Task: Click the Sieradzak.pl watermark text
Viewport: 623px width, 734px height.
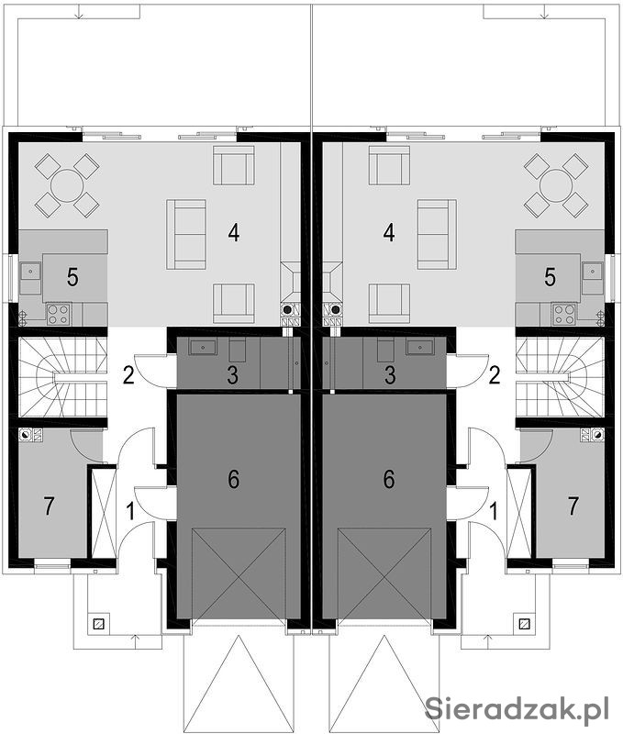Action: (x=517, y=709)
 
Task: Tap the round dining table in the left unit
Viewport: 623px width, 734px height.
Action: (x=67, y=185)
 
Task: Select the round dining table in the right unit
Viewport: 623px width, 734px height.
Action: (x=556, y=185)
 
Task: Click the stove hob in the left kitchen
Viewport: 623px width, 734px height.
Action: (x=58, y=314)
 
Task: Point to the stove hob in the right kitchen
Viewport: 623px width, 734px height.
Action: (x=563, y=314)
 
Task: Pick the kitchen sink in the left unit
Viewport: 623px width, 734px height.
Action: (x=30, y=271)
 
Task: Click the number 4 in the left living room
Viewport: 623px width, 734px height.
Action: (x=234, y=232)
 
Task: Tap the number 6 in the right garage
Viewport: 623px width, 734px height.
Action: (x=389, y=479)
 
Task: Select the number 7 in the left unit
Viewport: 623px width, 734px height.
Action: (x=49, y=506)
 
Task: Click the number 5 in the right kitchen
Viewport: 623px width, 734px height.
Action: (x=550, y=277)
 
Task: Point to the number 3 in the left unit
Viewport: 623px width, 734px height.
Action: (x=233, y=375)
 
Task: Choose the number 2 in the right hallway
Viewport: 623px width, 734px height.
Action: (x=495, y=375)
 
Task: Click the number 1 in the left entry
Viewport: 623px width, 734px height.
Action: (x=131, y=511)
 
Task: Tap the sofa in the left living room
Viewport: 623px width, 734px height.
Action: (x=186, y=234)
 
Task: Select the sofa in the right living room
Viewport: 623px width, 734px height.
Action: (x=437, y=234)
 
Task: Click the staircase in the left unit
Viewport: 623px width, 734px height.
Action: (x=62, y=377)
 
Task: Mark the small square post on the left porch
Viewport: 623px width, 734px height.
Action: (x=98, y=624)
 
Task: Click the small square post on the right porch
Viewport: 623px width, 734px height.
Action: (x=524, y=624)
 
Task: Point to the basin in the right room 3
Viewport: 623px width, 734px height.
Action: (x=420, y=348)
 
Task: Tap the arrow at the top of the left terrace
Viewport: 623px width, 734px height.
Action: (x=79, y=11)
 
